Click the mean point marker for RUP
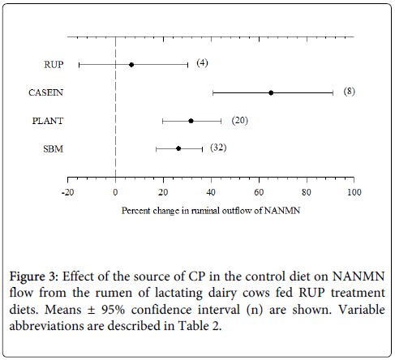coord(131,65)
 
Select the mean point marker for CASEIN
coord(271,93)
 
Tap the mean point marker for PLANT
coord(191,121)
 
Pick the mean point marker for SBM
coord(178,148)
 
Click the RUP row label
coord(54,65)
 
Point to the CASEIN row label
coord(46,92)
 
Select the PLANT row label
coord(48,121)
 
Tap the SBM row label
coord(54,149)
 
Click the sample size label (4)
coord(202,63)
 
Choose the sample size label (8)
coord(350,92)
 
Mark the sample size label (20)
coord(240,120)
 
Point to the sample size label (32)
coord(218,148)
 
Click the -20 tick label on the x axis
coord(67,192)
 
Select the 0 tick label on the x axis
coord(115,192)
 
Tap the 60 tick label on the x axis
coord(259,192)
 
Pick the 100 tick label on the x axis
coord(354,192)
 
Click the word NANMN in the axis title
coord(282,211)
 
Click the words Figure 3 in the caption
coord(33,276)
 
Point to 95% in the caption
coord(113,310)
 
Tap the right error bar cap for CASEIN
coord(333,93)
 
